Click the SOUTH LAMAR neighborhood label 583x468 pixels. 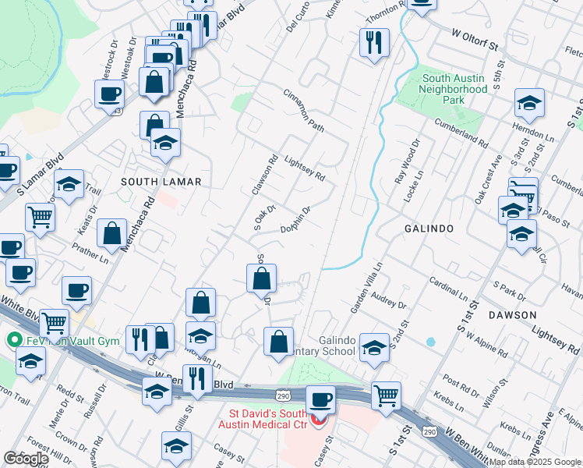click(161, 182)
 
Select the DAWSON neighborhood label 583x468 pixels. click(512, 315)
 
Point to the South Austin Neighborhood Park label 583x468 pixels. click(454, 84)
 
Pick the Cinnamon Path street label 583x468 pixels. click(303, 110)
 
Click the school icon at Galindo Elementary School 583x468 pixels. click(374, 348)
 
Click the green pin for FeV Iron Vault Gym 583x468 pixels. click(12, 340)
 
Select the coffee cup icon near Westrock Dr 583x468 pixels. click(109, 94)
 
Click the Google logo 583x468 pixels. click(26, 459)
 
